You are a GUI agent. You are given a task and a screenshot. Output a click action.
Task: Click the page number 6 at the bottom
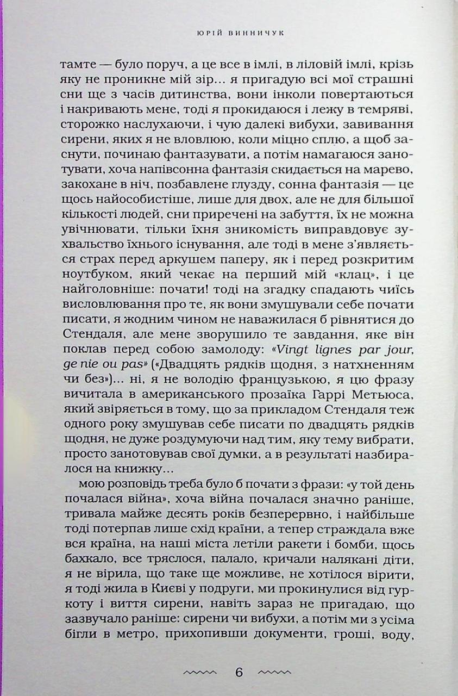coord(240,672)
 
